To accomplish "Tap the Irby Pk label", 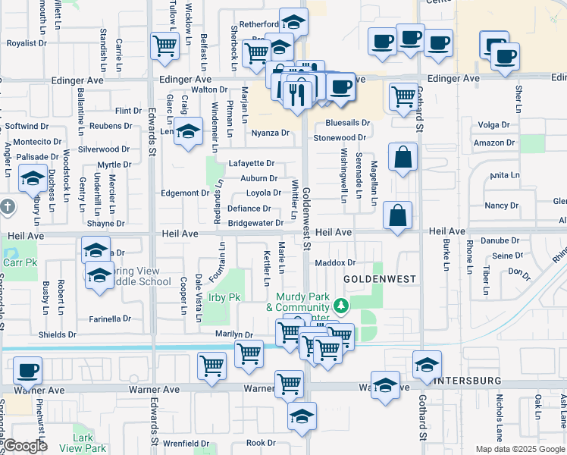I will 224,298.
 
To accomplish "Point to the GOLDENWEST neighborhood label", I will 379,279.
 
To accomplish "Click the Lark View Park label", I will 89,443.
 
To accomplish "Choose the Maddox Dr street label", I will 335,263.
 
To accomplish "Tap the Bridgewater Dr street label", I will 255,223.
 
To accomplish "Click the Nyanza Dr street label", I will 271,133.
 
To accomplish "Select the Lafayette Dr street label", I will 251,163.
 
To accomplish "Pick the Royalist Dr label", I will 27,43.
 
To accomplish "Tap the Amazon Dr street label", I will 493,143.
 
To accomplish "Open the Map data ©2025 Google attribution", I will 520,449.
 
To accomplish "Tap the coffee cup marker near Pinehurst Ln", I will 28,371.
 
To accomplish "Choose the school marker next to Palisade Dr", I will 33,178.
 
